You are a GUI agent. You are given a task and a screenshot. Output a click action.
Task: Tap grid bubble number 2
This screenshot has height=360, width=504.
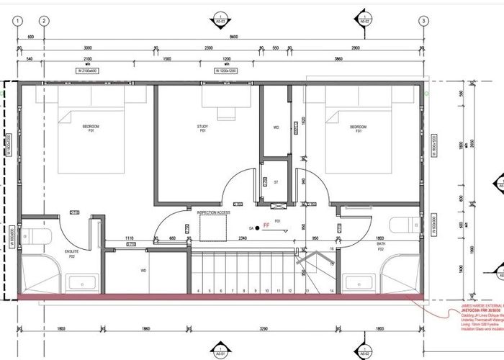(x=44, y=21)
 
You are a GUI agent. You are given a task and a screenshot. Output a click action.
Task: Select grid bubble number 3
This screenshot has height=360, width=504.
(x=423, y=21)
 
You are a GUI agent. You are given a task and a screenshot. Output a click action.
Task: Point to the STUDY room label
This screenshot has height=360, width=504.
(x=203, y=129)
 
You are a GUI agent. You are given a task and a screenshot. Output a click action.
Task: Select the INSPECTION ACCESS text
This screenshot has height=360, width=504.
(x=214, y=213)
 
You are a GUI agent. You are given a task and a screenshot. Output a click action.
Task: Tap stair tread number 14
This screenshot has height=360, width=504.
(x=332, y=291)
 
